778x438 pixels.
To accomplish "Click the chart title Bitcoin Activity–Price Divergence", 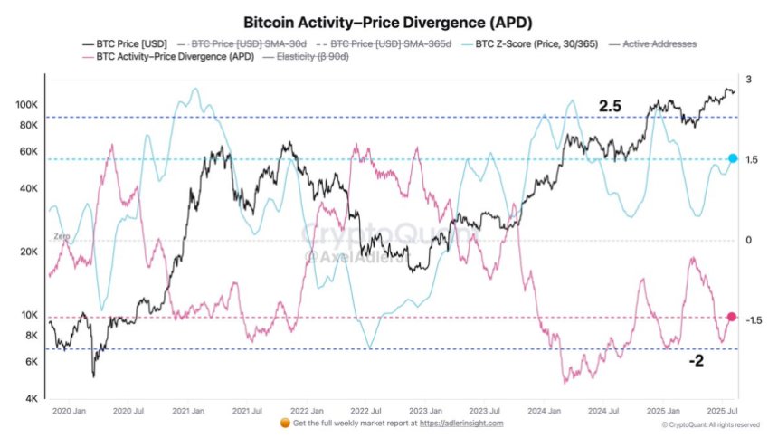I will click(388, 21).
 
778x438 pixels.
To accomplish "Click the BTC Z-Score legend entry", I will click(511, 43).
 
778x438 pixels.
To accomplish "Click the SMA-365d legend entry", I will click(391, 43).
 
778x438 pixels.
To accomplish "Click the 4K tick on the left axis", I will click(30, 398).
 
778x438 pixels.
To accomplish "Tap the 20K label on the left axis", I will click(27, 252).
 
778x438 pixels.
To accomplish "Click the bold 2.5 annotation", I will click(611, 107).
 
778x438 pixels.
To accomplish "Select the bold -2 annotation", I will click(697, 361).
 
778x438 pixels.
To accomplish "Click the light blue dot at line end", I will click(733, 158).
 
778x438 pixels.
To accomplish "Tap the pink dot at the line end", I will click(732, 317).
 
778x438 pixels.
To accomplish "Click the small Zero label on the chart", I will click(62, 236).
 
